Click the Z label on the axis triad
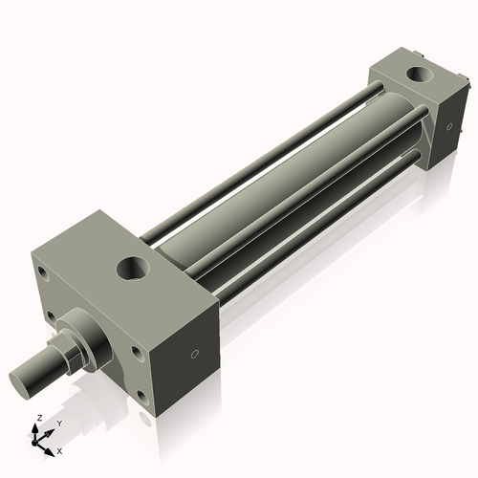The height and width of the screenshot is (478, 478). pos(37,418)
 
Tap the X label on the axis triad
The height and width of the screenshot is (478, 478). pos(59,449)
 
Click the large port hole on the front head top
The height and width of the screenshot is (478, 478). pos(133,267)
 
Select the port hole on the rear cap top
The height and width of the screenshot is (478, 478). pos(418,73)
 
